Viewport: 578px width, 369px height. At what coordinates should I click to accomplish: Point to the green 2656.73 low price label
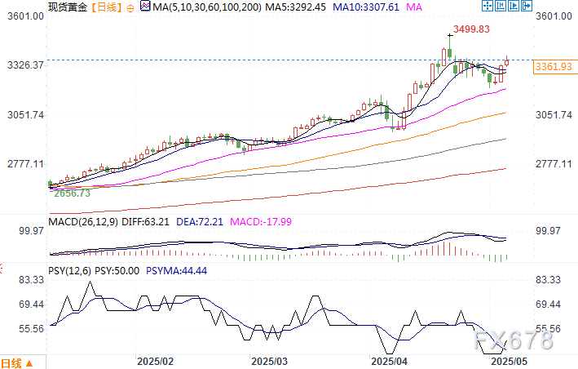71,193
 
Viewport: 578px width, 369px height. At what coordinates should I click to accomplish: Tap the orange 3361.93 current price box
552,67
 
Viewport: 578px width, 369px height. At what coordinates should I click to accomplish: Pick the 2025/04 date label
388,360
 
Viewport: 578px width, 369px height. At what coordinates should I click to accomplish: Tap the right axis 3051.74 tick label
554,115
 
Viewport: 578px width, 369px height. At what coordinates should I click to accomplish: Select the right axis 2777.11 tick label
554,164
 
